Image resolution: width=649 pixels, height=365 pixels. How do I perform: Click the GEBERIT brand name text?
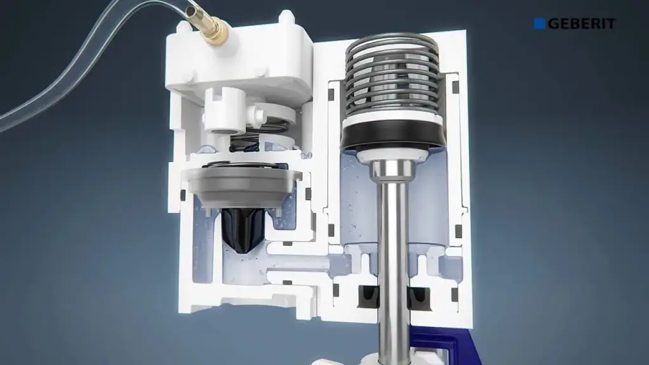pos(582,23)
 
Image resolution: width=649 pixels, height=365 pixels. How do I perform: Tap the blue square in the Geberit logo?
pos(539,23)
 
